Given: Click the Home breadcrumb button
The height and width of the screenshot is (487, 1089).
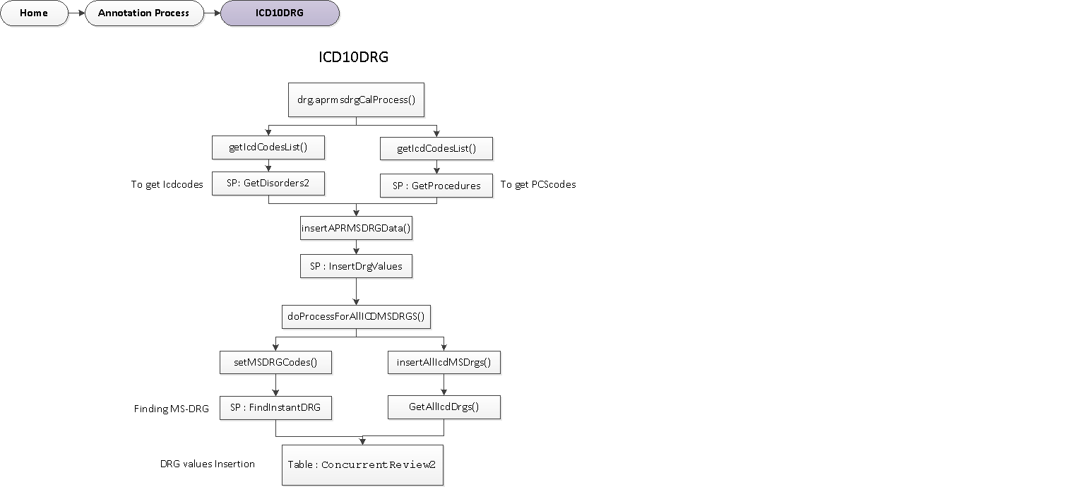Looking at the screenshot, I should pos(34,13).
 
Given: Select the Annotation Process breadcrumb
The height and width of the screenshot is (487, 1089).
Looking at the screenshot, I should pos(143,13).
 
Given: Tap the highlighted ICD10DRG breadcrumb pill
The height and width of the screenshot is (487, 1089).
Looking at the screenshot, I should pos(280,13).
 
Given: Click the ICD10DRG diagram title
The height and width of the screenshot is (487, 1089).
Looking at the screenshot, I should pos(353,58).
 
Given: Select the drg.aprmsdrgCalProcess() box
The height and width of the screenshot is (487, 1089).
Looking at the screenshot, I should pos(356,100).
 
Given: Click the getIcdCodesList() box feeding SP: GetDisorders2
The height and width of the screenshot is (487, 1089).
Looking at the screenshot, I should pos(268,148).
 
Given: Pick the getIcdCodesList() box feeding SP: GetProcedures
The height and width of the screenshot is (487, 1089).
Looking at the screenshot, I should pos(436,149).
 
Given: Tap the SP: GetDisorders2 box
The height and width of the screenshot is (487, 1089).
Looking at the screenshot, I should pos(268,183).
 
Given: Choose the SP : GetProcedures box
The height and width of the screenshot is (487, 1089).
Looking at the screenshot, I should pos(436,186).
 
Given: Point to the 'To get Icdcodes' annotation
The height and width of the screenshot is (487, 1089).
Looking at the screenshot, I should pos(167,185).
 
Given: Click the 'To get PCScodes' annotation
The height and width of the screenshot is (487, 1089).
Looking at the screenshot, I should pos(538,184).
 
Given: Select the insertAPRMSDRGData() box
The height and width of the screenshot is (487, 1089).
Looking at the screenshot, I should pos(356,229).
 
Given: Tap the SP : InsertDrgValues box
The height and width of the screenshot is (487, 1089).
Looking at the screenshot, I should pos(356,266).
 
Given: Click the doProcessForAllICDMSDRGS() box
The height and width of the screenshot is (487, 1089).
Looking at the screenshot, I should pos(356,316).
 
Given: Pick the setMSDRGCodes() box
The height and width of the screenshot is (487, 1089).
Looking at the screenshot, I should pos(275,362).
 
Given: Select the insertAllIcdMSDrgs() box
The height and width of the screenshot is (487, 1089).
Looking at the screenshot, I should pos(444,362).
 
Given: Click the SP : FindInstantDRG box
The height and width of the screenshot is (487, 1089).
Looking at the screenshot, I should pos(275,408).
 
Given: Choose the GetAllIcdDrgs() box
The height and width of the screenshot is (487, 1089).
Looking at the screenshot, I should pos(444,407).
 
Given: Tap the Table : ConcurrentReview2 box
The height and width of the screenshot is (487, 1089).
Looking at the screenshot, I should pos(362,464).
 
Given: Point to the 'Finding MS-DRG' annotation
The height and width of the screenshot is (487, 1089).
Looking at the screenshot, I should pos(172,409).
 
